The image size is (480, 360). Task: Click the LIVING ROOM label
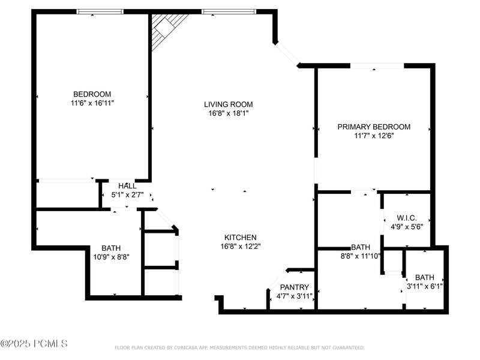(229, 104)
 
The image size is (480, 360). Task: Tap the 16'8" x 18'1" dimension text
(229, 113)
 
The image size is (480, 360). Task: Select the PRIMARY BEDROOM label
(374, 127)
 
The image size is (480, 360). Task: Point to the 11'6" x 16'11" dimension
(92, 103)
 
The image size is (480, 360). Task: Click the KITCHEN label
(241, 237)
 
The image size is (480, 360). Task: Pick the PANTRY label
(295, 287)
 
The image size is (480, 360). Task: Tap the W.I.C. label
(407, 218)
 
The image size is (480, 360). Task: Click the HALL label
(127, 186)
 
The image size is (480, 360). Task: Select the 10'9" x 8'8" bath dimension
(111, 257)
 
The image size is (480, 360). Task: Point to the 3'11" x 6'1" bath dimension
(425, 286)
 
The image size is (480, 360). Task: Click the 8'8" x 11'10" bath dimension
(361, 256)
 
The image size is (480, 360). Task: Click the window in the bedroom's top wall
(100, 11)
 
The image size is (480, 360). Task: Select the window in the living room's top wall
(229, 11)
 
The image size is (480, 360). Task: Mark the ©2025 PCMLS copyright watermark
(34, 343)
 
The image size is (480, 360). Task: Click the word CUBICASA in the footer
(186, 347)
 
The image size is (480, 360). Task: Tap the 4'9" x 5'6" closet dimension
(407, 227)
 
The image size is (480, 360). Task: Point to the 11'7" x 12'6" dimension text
(374, 136)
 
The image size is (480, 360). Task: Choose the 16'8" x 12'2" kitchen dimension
(241, 246)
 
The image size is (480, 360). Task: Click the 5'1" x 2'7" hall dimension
(127, 194)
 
